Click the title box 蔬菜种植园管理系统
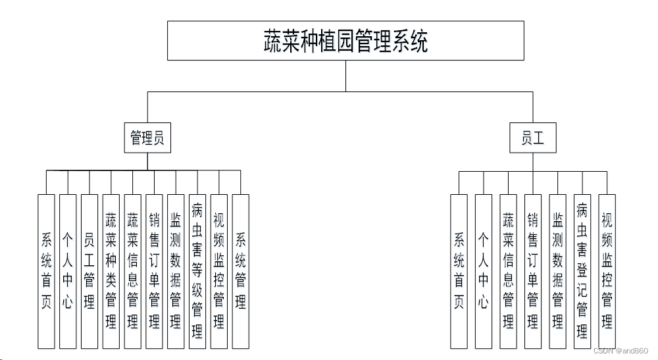(345, 40)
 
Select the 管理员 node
(147, 138)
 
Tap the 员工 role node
(532, 138)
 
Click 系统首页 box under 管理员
(46, 271)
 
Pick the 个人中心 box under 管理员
(68, 271)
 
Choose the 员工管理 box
(89, 271)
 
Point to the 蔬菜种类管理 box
(111, 271)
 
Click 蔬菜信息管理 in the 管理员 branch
(132, 271)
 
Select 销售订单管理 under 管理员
(154, 271)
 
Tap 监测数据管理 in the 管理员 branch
(176, 271)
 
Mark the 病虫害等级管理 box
(197, 271)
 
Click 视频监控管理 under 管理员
(218, 271)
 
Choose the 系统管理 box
(241, 271)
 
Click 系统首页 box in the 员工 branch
(459, 271)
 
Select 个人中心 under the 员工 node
(484, 271)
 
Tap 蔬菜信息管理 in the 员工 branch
(508, 271)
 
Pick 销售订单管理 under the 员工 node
(533, 271)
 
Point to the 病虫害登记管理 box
(582, 271)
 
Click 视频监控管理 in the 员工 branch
(607, 271)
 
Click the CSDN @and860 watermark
(620, 351)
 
